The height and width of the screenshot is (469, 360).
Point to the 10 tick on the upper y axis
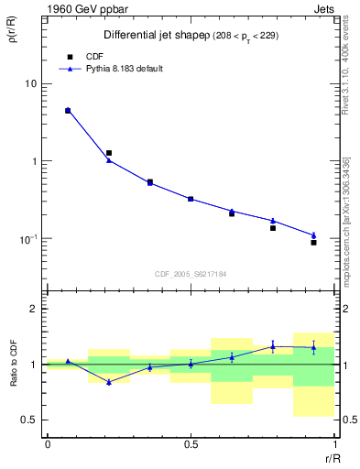pyautogui.click(x=29, y=83)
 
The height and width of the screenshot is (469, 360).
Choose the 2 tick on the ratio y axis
pyautogui.click(x=33, y=309)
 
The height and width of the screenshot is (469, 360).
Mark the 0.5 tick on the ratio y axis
pyautogui.click(x=29, y=420)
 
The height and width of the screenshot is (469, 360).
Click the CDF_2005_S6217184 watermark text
pyautogui.click(x=191, y=274)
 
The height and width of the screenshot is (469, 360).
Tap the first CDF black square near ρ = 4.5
pyautogui.click(x=68, y=111)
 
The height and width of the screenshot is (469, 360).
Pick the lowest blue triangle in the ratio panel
pyautogui.click(x=109, y=382)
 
